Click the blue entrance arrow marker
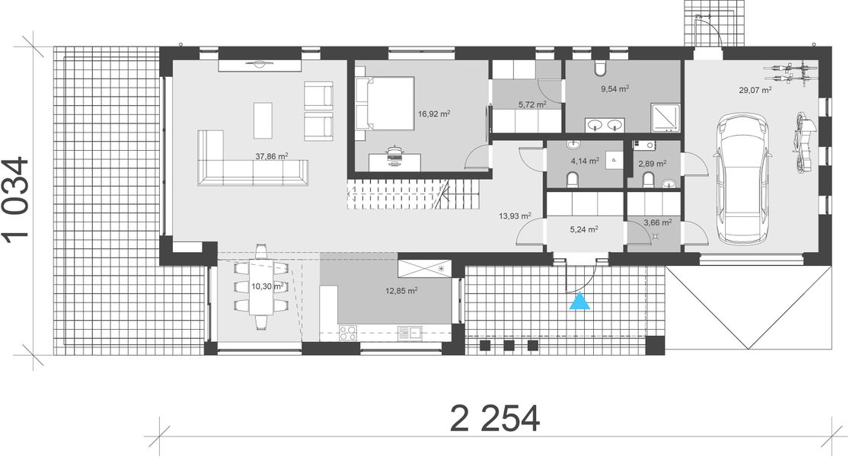(x=580, y=302)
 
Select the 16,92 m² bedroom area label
(x=434, y=114)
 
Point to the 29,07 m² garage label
(x=755, y=90)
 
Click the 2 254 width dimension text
(x=495, y=418)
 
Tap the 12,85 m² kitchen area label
(x=401, y=290)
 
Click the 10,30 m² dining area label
(x=267, y=286)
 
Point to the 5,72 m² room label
(x=532, y=104)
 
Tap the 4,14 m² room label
(x=585, y=161)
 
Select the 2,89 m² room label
(x=653, y=163)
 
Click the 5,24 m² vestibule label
(x=582, y=228)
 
